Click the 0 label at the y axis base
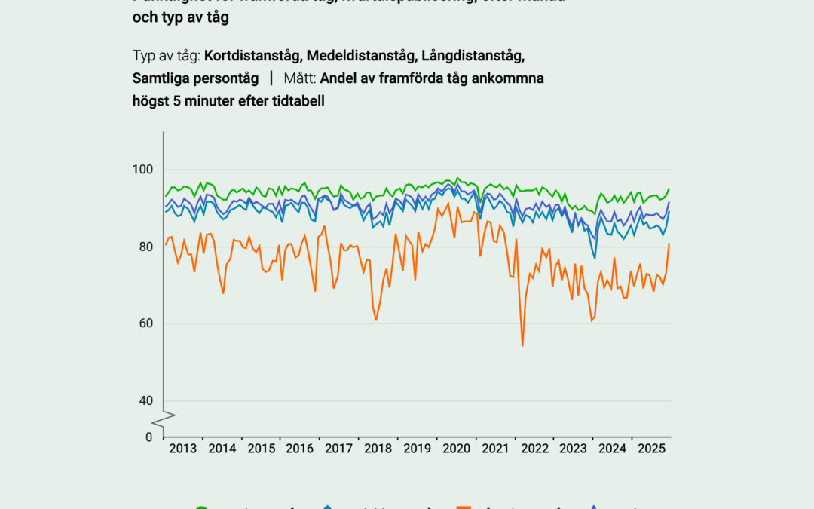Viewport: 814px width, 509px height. click(148, 437)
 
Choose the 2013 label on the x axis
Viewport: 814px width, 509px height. click(183, 449)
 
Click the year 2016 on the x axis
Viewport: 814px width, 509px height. click(300, 449)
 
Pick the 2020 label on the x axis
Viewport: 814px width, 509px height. click(456, 449)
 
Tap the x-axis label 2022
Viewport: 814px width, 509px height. click(534, 449)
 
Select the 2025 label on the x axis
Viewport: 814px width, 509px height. click(651, 449)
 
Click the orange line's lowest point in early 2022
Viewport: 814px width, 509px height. click(522, 346)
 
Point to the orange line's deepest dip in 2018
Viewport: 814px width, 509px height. click(376, 320)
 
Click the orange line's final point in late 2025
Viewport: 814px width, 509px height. click(669, 243)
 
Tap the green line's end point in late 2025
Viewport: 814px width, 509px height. click(669, 189)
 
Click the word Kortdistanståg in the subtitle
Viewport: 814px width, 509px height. click(252, 57)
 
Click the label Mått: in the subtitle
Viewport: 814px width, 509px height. click(300, 78)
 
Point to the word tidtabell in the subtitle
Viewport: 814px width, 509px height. click(297, 100)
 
